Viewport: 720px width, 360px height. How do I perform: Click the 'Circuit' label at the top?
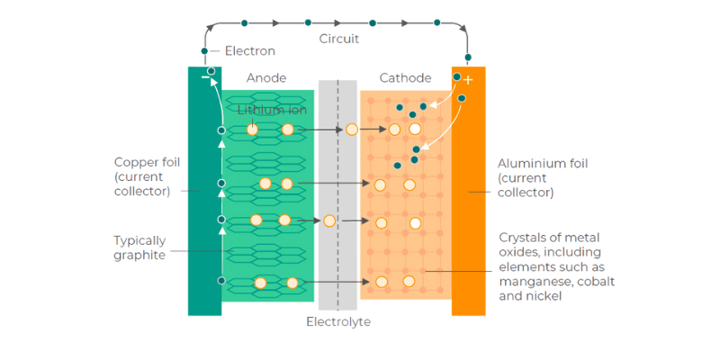(339, 39)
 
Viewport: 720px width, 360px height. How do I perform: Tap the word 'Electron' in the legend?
(249, 51)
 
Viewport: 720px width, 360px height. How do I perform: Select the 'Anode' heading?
(266, 78)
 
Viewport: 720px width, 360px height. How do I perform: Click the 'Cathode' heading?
(405, 78)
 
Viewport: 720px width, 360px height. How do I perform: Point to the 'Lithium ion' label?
(272, 110)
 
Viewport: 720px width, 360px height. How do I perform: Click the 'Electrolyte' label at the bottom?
(338, 321)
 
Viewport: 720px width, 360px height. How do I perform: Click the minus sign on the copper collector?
(205, 79)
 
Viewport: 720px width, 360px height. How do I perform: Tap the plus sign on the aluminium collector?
(468, 80)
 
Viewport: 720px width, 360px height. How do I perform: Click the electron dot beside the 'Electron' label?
(205, 51)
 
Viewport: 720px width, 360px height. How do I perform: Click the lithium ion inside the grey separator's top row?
(352, 130)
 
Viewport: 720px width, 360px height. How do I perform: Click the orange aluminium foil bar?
(468, 225)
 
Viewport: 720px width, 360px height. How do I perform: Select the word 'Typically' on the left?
(140, 240)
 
